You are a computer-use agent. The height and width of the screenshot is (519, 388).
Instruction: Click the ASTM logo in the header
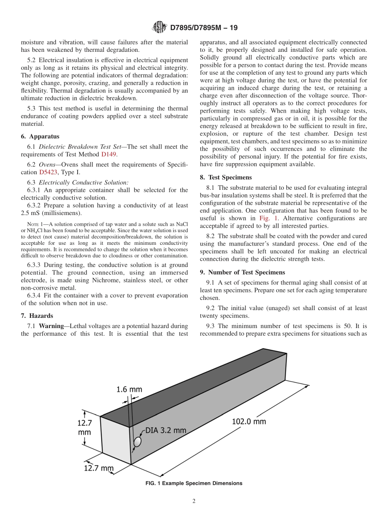coord(159,27)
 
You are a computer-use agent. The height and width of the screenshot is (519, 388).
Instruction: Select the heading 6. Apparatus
coord(40,137)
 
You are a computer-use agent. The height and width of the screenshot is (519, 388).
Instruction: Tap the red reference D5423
coord(48,172)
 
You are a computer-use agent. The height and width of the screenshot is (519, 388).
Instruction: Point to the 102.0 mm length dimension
coord(249,421)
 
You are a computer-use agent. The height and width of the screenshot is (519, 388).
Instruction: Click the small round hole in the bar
coord(138,442)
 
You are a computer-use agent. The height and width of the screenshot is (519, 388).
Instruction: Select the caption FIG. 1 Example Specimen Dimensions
coord(194,484)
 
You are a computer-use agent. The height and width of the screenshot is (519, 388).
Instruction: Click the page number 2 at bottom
coord(194,501)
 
